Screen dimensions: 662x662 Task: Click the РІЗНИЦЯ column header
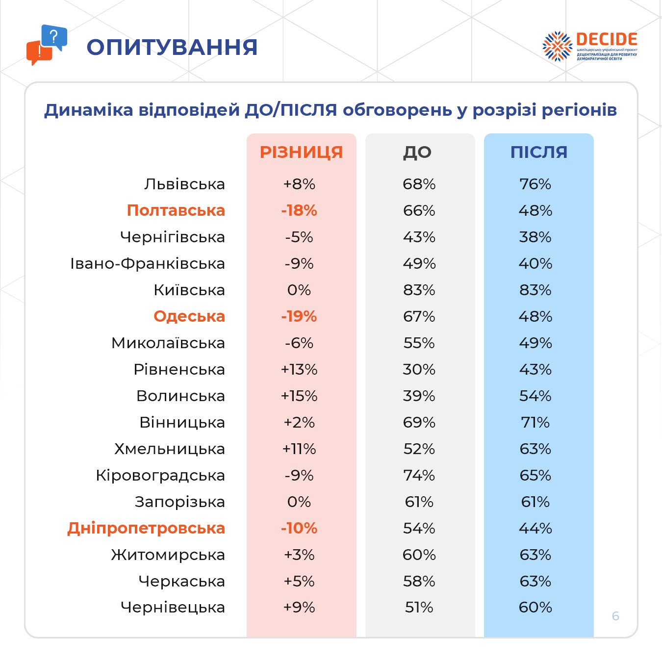301,152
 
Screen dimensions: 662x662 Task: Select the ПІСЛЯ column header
538,152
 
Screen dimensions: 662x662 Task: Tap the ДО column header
417,152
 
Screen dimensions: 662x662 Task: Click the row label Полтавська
176,210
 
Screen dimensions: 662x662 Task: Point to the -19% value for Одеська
299,316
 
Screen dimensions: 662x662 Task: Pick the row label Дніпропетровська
146,528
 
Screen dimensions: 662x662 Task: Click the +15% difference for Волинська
299,396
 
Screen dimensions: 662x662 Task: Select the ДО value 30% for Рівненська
419,369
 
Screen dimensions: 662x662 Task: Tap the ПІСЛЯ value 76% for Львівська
535,184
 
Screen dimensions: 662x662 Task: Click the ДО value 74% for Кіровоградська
419,475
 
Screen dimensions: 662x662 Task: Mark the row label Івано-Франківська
148,263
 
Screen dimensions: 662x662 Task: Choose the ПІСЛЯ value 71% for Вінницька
535,422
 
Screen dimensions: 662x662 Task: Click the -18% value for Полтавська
299,210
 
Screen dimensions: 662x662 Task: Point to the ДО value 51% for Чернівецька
419,607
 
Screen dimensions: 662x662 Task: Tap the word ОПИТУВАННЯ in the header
172,47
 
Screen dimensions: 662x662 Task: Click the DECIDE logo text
607,39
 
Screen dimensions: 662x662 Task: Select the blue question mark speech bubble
54,37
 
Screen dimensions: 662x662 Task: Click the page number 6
615,616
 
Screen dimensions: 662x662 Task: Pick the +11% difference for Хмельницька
299,449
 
